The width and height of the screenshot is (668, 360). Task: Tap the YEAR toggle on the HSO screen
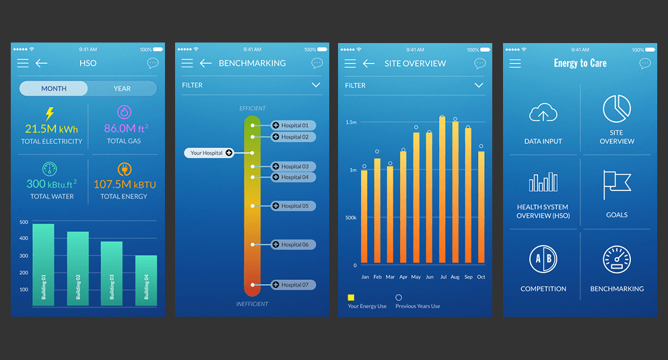122,89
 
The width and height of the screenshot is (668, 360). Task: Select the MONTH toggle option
54,89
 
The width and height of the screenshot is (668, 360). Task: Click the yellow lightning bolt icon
49,114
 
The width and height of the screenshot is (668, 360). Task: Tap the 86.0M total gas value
119,128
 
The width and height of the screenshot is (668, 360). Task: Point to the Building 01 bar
43,265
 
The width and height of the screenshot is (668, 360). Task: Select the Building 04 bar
146,281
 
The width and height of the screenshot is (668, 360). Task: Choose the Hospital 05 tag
294,206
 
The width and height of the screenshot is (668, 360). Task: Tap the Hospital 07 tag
294,285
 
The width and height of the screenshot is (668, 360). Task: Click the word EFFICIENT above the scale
253,108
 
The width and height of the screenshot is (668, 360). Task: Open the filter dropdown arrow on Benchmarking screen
316,85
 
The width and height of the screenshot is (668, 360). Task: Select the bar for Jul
442,190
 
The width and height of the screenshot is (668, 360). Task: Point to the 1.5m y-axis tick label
351,122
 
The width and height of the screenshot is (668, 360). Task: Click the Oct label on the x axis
481,277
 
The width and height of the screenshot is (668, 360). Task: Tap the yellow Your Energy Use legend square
352,297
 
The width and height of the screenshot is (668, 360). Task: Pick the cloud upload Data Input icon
543,113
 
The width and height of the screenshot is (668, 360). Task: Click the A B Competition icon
543,259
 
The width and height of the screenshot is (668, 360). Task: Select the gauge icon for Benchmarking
617,260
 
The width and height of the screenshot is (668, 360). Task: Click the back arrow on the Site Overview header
368,63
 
